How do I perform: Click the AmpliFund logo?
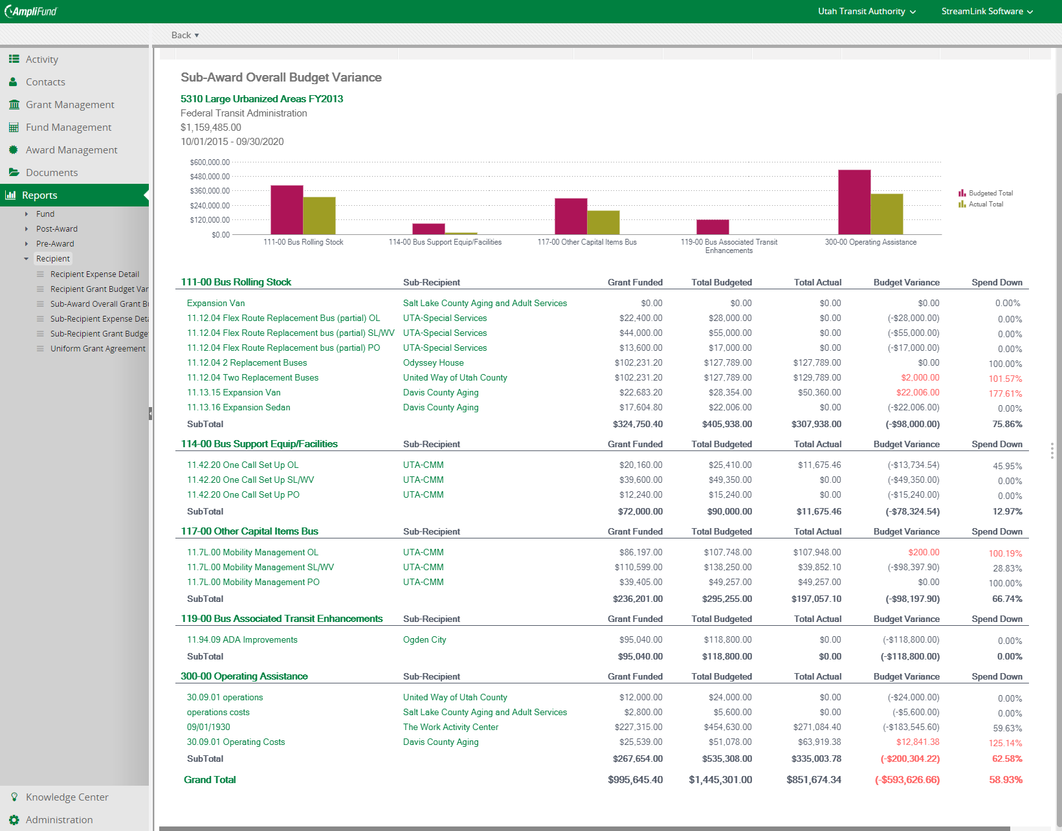point(31,11)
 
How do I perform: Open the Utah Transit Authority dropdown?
point(867,11)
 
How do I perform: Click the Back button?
point(184,35)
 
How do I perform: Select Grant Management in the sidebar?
point(70,105)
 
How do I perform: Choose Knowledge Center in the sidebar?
point(67,797)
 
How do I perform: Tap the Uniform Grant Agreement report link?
point(98,348)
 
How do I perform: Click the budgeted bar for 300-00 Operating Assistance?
point(854,203)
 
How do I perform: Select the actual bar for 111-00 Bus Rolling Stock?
point(319,216)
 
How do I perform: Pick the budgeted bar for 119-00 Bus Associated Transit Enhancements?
point(713,227)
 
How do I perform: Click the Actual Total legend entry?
point(981,205)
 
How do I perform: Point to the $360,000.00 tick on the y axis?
point(210,191)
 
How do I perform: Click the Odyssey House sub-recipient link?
point(433,362)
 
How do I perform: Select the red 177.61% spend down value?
point(1005,393)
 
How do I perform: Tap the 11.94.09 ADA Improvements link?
point(242,639)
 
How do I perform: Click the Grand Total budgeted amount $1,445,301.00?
point(720,780)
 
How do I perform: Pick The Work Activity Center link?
point(450,727)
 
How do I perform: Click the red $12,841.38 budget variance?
point(917,742)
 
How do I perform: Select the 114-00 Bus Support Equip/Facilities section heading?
point(259,443)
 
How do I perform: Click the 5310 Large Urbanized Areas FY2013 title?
point(261,98)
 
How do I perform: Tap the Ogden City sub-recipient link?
point(424,639)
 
